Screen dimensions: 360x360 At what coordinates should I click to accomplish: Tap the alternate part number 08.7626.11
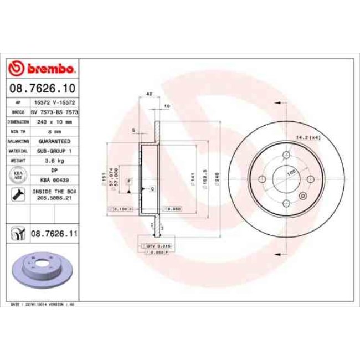pos(53,234)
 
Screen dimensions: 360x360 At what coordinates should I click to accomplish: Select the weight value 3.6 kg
pos(54,161)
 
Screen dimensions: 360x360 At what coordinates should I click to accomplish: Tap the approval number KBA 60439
pos(54,180)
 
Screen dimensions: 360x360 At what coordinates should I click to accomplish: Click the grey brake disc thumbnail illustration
pos(38,269)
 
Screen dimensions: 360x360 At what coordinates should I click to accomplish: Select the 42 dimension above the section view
pos(149,95)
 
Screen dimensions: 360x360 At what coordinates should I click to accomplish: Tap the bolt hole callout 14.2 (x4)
pos(309,137)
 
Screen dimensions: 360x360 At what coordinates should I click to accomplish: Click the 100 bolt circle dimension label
pos(290,173)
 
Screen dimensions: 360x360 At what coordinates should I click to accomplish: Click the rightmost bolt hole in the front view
pos(310,178)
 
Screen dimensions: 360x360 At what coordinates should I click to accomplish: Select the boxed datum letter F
pos(128,181)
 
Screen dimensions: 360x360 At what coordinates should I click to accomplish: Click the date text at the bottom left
pos(43,305)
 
